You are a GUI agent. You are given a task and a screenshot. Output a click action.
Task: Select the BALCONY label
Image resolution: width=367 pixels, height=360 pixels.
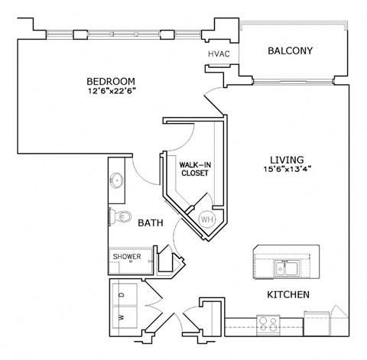click(290, 51)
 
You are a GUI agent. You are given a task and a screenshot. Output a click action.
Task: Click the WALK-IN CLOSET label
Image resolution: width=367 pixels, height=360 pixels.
click(190, 169)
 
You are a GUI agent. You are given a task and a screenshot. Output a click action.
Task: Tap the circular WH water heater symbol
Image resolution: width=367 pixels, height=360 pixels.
click(206, 219)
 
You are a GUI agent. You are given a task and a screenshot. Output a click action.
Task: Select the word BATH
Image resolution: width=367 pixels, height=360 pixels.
click(149, 224)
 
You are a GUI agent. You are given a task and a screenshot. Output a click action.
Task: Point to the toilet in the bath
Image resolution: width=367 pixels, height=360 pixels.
click(115, 217)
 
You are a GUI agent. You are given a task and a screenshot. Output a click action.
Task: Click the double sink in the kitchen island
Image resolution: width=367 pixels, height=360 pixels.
click(286, 268)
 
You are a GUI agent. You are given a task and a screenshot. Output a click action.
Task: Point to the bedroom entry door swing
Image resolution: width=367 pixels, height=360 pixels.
click(213, 102)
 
